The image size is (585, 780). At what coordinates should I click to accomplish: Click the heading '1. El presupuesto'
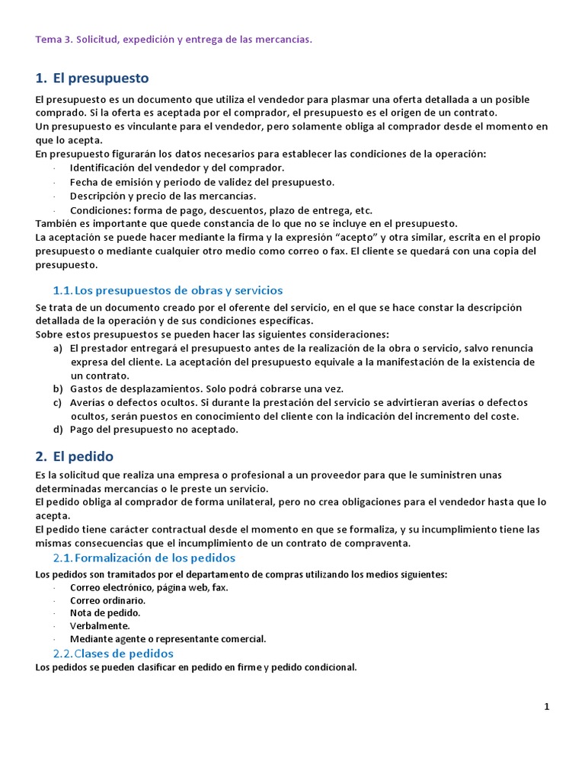pyautogui.click(x=92, y=78)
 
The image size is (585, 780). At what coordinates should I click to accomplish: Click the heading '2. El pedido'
pyautogui.click(x=75, y=456)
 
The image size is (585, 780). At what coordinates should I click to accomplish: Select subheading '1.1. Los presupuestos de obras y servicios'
pyautogui.click(x=168, y=290)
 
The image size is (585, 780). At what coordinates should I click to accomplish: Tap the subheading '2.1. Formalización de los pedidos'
pyautogui.click(x=144, y=558)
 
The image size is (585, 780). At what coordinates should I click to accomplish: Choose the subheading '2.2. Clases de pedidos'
pyautogui.click(x=113, y=654)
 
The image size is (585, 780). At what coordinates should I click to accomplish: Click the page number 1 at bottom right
pyautogui.click(x=547, y=707)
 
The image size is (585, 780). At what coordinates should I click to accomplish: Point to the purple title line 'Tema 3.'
pyautogui.click(x=174, y=39)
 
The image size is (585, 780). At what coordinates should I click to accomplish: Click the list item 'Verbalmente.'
pyautogui.click(x=100, y=626)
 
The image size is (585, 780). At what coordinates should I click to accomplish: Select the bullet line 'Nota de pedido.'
pyautogui.click(x=105, y=613)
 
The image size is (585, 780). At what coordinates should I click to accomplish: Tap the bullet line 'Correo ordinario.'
pyautogui.click(x=107, y=600)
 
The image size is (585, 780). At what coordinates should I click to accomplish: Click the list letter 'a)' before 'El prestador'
pyautogui.click(x=58, y=348)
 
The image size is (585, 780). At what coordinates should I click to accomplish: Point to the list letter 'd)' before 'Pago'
pyautogui.click(x=58, y=430)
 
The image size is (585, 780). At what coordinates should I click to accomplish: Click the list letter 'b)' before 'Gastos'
pyautogui.click(x=58, y=388)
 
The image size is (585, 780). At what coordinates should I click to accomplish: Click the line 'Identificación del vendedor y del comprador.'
pyautogui.click(x=177, y=168)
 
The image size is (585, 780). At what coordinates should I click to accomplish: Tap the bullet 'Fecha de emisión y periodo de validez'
pyautogui.click(x=202, y=182)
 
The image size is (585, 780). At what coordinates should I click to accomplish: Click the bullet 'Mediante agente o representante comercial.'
pyautogui.click(x=168, y=639)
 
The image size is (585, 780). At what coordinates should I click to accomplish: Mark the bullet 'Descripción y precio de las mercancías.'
pyautogui.click(x=163, y=196)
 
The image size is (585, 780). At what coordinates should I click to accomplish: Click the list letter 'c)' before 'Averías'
pyautogui.click(x=58, y=402)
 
